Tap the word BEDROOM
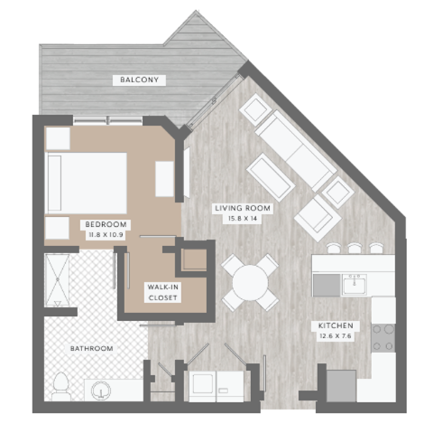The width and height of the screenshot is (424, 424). click(105, 224)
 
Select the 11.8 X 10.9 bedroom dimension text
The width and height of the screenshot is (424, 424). click(105, 235)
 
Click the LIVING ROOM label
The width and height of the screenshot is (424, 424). click(243, 208)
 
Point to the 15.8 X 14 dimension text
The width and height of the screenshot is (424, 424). click(243, 218)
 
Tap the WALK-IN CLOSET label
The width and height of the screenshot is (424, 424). click(164, 290)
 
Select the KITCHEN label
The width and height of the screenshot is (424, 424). click(333, 325)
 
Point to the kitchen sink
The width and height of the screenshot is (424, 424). click(354, 285)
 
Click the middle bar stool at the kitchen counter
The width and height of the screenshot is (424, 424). click(353, 248)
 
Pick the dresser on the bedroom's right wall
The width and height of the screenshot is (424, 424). click(164, 178)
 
